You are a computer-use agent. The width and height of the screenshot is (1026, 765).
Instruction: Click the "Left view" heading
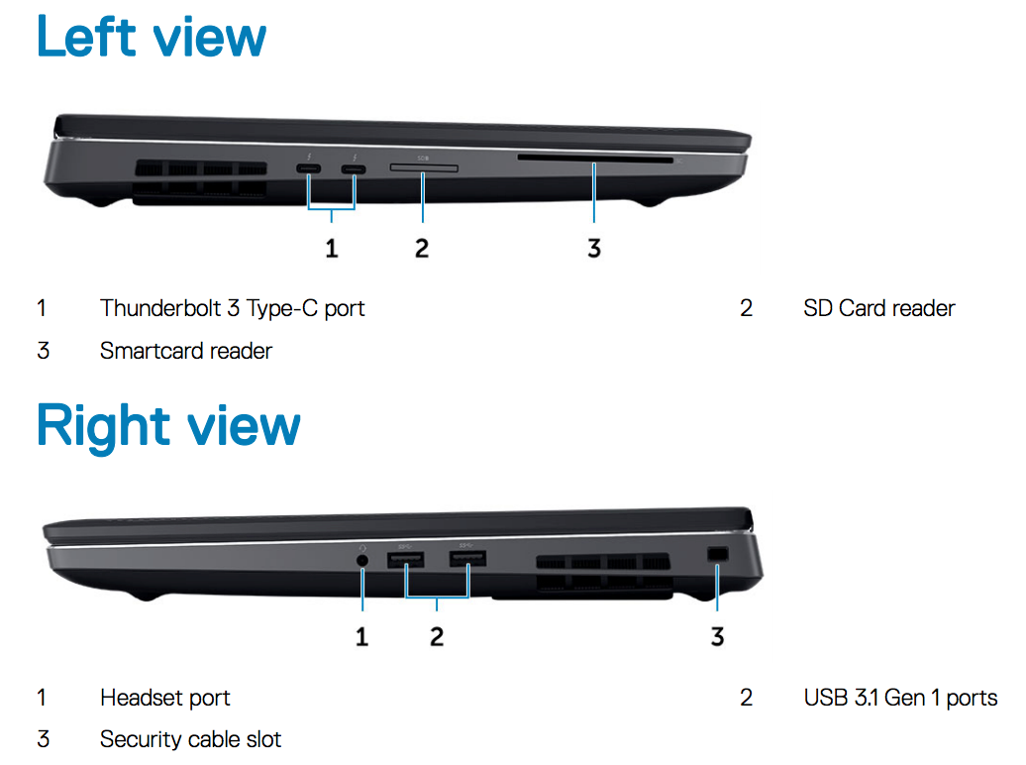[x=152, y=37]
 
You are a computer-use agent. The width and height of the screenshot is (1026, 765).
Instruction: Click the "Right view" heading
[x=168, y=426]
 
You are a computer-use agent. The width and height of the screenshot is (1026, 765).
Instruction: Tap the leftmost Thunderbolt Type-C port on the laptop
[x=309, y=169]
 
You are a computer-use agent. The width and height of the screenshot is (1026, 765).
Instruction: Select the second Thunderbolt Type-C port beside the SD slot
[x=354, y=169]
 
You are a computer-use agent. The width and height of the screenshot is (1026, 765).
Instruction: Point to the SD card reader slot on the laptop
[x=424, y=168]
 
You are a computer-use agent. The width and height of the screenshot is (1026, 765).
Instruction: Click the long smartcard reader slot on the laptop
[x=595, y=160]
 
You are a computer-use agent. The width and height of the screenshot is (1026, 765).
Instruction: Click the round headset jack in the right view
[x=361, y=561]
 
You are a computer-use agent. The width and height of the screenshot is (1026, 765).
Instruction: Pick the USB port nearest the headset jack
[x=406, y=560]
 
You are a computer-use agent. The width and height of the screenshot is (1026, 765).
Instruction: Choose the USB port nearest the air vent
[x=467, y=559]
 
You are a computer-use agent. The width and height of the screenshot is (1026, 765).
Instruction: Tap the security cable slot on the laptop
[x=718, y=554]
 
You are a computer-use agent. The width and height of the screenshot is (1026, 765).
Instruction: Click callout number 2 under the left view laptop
[x=422, y=249]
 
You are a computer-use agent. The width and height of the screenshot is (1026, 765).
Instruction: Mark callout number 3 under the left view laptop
[x=594, y=249]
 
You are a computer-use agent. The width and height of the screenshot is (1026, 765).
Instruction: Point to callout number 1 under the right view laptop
[x=361, y=636]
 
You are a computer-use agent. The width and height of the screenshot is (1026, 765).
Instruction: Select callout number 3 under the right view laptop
[x=718, y=636]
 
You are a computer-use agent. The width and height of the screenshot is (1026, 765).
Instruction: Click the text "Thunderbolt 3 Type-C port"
[x=233, y=308]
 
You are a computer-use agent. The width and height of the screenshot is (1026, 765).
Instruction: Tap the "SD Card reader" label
[x=879, y=308]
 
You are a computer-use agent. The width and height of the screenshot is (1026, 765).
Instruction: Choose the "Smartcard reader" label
[x=186, y=351]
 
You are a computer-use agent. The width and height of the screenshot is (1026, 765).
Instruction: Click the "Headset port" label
[x=164, y=699]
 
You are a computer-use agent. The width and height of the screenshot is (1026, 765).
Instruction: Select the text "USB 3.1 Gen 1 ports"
[x=900, y=699]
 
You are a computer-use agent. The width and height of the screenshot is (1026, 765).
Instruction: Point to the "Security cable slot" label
[x=190, y=739]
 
